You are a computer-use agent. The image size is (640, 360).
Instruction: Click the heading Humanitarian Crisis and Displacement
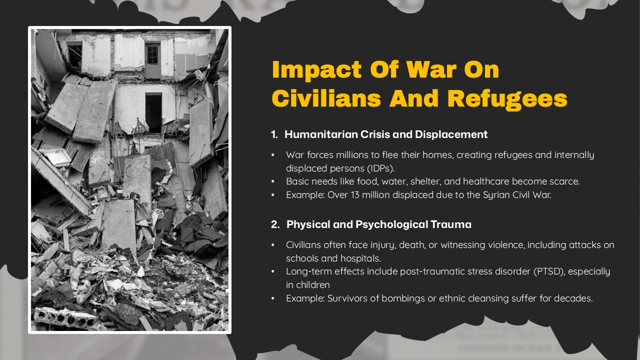coord(386,134)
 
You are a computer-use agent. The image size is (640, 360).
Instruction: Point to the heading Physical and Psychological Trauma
coord(378,224)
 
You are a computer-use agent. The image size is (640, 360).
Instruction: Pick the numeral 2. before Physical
coord(275,224)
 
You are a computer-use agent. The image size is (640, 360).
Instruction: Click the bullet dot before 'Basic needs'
coord(273,181)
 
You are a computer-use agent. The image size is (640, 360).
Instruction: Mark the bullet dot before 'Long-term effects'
coord(273,271)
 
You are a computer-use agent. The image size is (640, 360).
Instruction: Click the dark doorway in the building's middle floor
coord(153,112)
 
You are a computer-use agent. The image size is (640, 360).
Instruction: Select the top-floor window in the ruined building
coord(152,54)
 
